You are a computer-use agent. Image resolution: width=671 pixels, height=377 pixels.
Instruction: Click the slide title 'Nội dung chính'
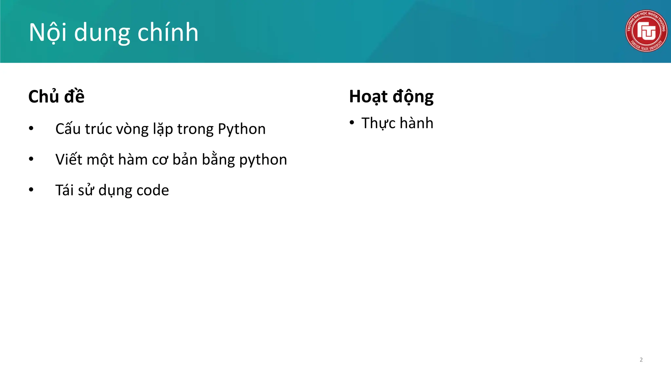coord(113,33)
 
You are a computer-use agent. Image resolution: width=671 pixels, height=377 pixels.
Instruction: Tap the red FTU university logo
coord(646,31)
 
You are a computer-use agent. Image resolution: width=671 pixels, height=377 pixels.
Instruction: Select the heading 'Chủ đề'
coord(56,97)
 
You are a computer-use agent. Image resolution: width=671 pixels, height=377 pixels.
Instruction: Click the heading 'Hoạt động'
coord(391,97)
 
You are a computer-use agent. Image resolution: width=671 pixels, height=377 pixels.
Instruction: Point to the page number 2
coord(641,360)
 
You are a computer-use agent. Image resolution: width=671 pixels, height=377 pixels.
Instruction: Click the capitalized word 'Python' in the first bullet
coord(241,129)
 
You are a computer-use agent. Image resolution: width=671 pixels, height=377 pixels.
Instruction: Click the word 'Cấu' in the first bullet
coord(68,129)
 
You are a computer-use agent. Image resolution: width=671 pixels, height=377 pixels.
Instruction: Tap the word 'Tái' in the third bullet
coord(64,190)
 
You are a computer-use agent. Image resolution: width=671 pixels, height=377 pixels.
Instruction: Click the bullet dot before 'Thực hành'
coord(352,123)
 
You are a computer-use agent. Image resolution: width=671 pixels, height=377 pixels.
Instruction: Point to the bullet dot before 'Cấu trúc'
coord(31,128)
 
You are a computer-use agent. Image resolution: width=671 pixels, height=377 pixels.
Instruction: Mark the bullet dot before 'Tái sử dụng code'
coord(31,189)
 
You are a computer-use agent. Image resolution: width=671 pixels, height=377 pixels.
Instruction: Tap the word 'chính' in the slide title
coord(168,33)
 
